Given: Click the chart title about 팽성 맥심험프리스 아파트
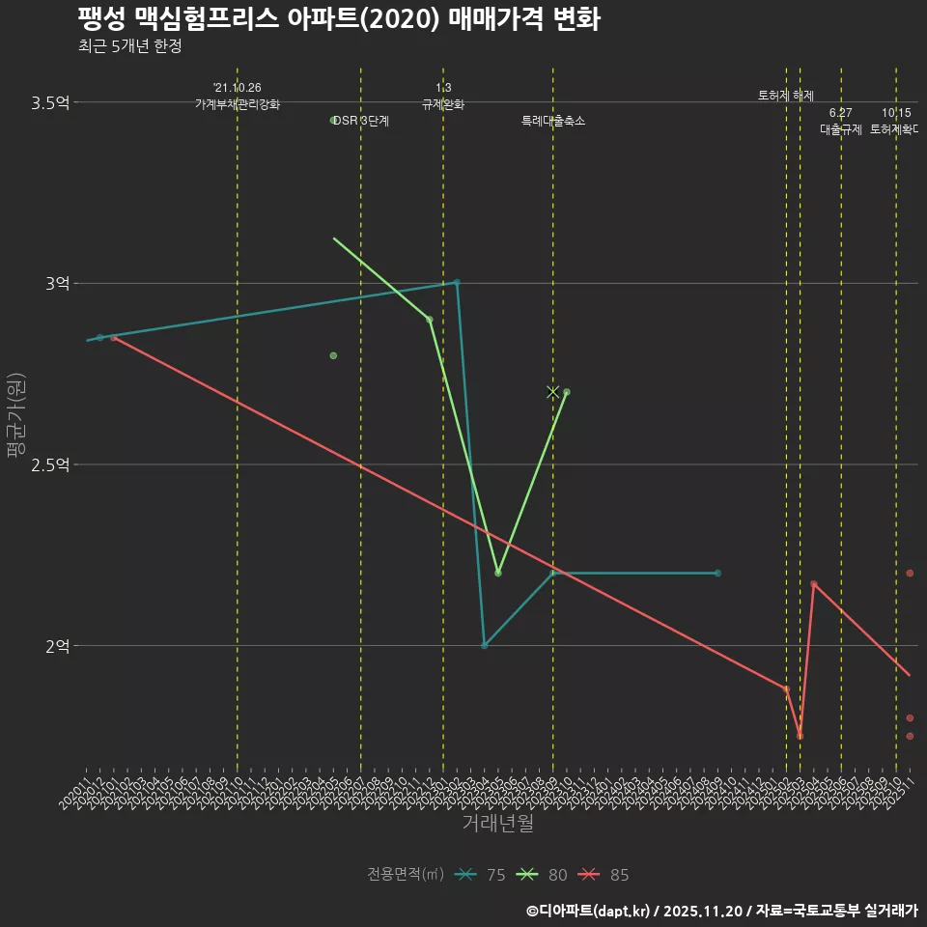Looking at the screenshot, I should pos(339,19).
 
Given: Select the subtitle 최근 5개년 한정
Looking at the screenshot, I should pos(129,46).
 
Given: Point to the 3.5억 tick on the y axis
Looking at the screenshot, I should pos(50,102).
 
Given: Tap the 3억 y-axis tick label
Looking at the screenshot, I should pos(57,283).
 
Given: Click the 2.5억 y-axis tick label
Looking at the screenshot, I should pos(50,464).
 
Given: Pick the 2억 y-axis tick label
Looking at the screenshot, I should pos(57,645).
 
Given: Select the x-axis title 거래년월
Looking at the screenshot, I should pos(497,823).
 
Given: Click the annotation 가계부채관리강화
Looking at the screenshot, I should pos(238,104).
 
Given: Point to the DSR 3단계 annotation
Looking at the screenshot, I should pos(360,121).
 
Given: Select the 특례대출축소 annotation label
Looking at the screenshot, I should pos(553,121).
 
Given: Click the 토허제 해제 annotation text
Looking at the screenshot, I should pos(786,96).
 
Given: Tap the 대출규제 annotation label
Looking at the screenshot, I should pos(841,129).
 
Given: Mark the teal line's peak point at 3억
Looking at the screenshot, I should pos(457,282).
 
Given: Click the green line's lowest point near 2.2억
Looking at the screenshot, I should pos(498,573).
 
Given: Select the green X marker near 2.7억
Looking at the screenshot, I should pos(553,392).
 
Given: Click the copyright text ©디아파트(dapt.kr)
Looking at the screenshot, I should pos(589,911).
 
